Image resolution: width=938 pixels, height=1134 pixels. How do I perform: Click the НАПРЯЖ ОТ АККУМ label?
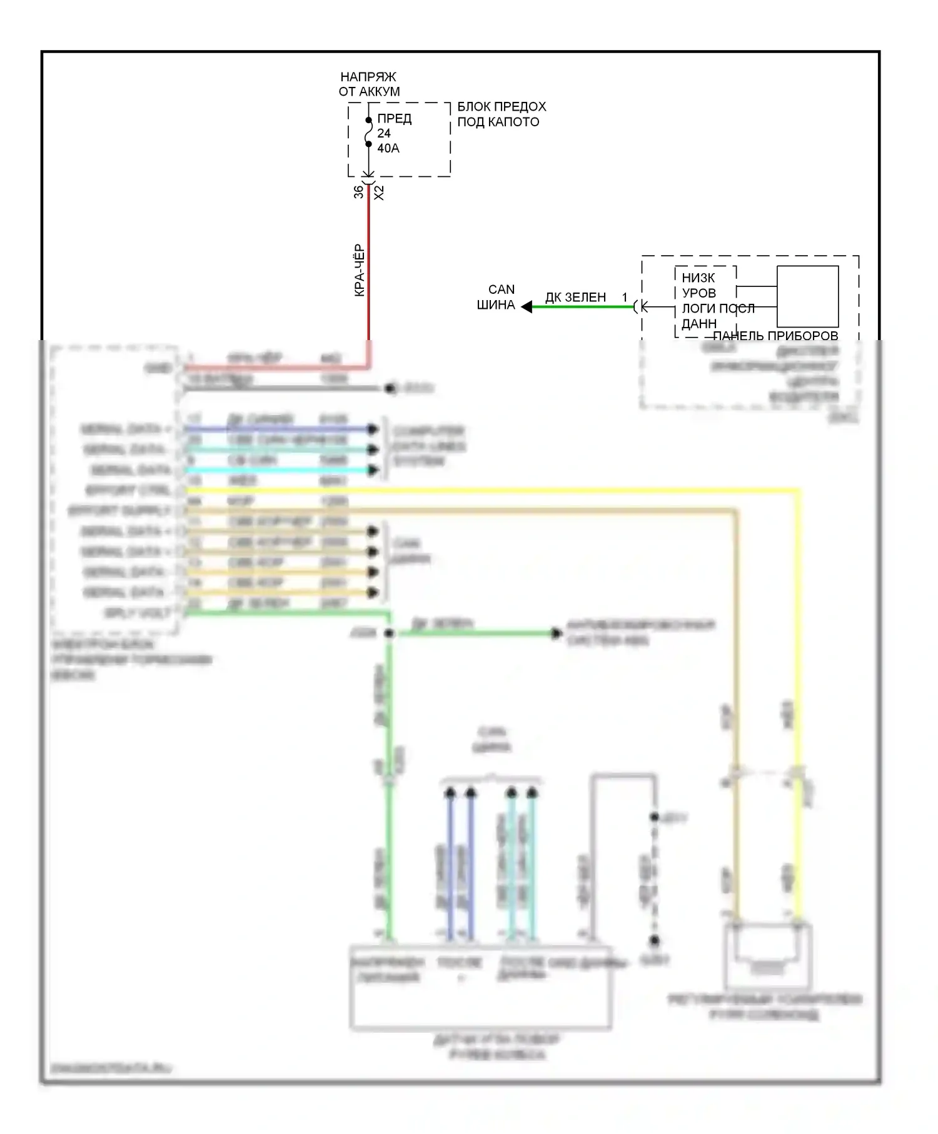[369, 84]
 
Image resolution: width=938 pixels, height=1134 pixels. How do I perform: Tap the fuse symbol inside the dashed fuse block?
[368, 133]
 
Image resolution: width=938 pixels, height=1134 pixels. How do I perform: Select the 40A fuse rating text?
[388, 148]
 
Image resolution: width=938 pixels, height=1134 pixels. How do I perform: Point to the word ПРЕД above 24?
[394, 119]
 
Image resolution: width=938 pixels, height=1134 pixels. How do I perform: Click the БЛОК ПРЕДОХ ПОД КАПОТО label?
[502, 114]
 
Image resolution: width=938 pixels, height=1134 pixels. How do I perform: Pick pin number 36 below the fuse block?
[358, 192]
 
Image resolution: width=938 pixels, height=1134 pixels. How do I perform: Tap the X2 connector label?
[379, 193]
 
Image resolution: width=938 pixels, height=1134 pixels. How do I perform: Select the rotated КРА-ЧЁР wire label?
[359, 270]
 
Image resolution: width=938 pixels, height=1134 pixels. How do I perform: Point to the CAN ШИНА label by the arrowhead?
[498, 298]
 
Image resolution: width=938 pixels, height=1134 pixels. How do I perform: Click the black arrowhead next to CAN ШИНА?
[527, 307]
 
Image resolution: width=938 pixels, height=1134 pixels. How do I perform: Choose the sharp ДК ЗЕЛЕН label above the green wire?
[575, 298]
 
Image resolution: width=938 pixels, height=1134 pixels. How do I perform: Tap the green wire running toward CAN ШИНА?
[582, 307]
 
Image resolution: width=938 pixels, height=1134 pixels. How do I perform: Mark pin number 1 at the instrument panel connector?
[625, 298]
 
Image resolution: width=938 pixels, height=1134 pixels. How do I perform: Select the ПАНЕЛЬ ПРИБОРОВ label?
[775, 336]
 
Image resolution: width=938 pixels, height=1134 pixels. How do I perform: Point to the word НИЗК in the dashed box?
[698, 278]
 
